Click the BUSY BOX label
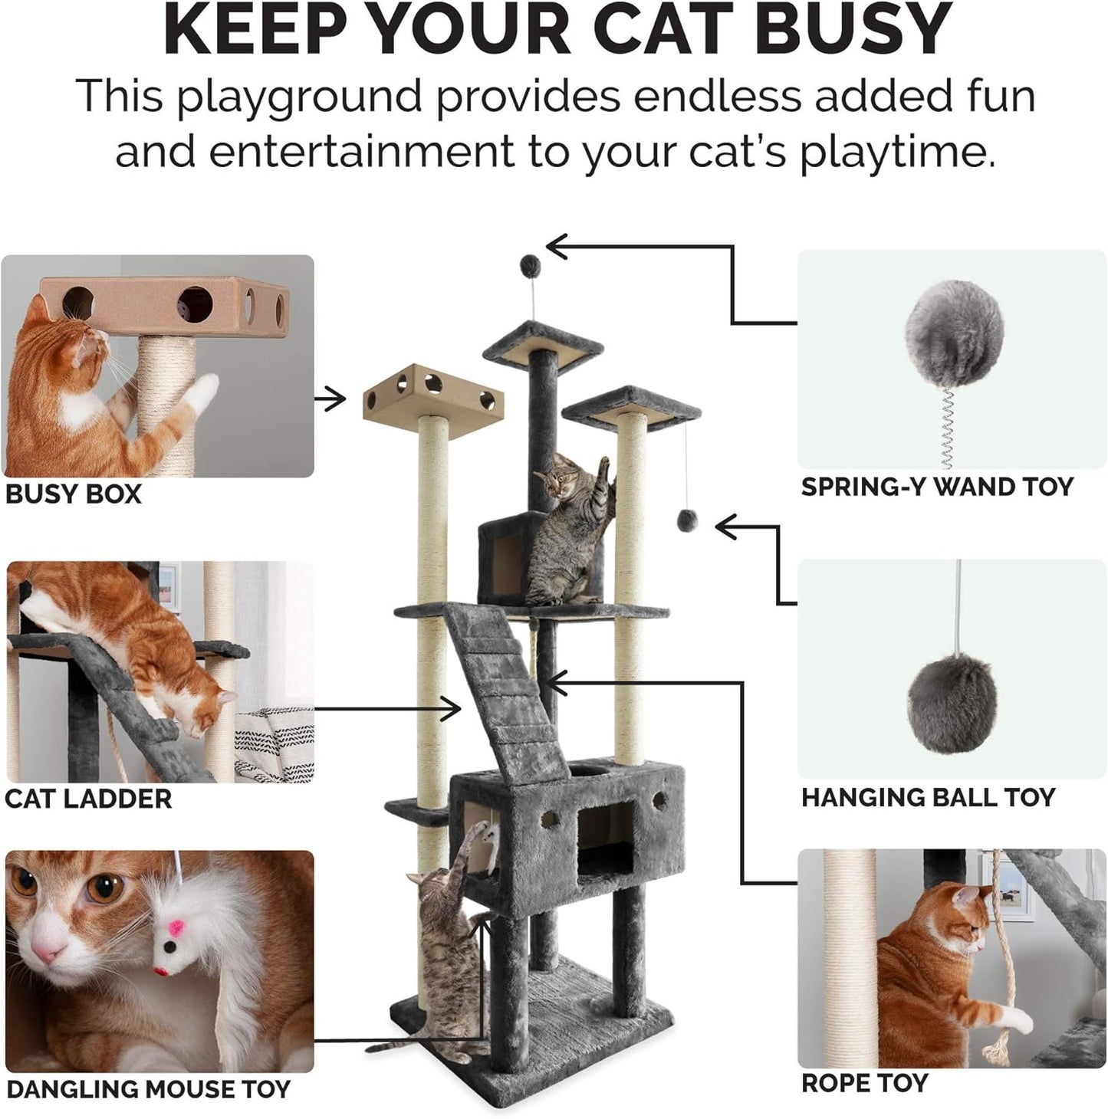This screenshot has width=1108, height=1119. click(74, 494)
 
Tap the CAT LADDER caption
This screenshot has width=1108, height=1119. click(88, 799)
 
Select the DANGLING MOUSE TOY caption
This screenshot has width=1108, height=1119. click(148, 1089)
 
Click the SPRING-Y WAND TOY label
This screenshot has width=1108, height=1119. click(936, 487)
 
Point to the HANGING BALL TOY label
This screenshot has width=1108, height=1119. click(928, 797)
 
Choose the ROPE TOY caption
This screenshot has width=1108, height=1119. click(864, 1083)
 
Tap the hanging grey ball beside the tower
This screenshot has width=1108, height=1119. click(686, 521)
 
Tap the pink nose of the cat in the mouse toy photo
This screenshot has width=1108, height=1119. click(48, 954)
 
